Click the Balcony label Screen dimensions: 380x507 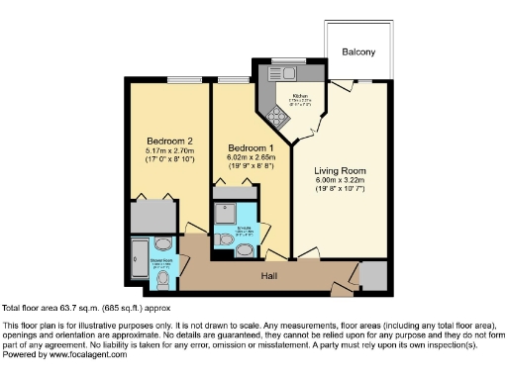pyautogui.click(x=358, y=51)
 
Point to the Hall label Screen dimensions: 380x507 pyautogui.click(x=268, y=275)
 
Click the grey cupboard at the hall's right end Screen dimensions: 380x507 pyautogui.click(x=373, y=275)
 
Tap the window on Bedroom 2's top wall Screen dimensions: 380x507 pyautogui.click(x=181, y=78)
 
